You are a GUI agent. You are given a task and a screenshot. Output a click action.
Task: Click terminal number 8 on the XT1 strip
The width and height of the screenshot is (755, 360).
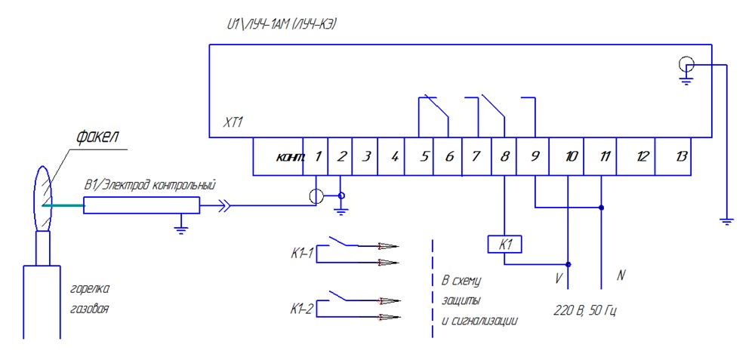click(504, 157)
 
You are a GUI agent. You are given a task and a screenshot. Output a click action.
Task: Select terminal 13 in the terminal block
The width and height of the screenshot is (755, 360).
click(678, 157)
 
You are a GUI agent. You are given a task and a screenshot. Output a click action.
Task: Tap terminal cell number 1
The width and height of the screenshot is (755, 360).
click(316, 157)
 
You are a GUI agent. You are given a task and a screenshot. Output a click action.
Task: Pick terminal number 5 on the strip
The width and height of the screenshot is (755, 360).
click(419, 157)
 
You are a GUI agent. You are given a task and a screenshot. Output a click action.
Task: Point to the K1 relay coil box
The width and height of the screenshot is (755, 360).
click(504, 245)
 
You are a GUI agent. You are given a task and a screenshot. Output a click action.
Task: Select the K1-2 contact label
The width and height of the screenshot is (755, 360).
click(303, 309)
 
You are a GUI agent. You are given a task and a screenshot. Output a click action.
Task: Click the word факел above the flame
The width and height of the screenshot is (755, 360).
click(97, 137)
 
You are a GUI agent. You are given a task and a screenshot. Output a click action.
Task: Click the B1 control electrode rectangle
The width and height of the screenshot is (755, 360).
click(142, 205)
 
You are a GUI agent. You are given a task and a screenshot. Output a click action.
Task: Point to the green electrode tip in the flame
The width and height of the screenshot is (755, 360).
click(63, 206)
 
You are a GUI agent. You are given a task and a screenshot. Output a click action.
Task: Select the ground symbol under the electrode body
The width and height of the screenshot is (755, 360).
click(181, 226)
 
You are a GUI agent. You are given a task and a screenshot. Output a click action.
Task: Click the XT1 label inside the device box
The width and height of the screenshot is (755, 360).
click(233, 123)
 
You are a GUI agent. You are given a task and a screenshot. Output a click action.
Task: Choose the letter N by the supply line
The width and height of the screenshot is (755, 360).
click(621, 275)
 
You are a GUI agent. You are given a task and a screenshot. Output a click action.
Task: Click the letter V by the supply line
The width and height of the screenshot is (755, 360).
click(558, 278)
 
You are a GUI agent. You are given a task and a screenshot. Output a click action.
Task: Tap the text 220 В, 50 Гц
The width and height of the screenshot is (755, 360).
click(585, 310)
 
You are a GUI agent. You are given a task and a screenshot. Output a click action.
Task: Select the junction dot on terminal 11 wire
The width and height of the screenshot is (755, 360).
click(602, 208)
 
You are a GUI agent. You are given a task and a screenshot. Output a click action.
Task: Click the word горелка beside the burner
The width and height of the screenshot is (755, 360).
click(90, 291)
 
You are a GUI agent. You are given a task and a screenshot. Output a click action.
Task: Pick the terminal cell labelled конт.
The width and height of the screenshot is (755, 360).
click(279, 157)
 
